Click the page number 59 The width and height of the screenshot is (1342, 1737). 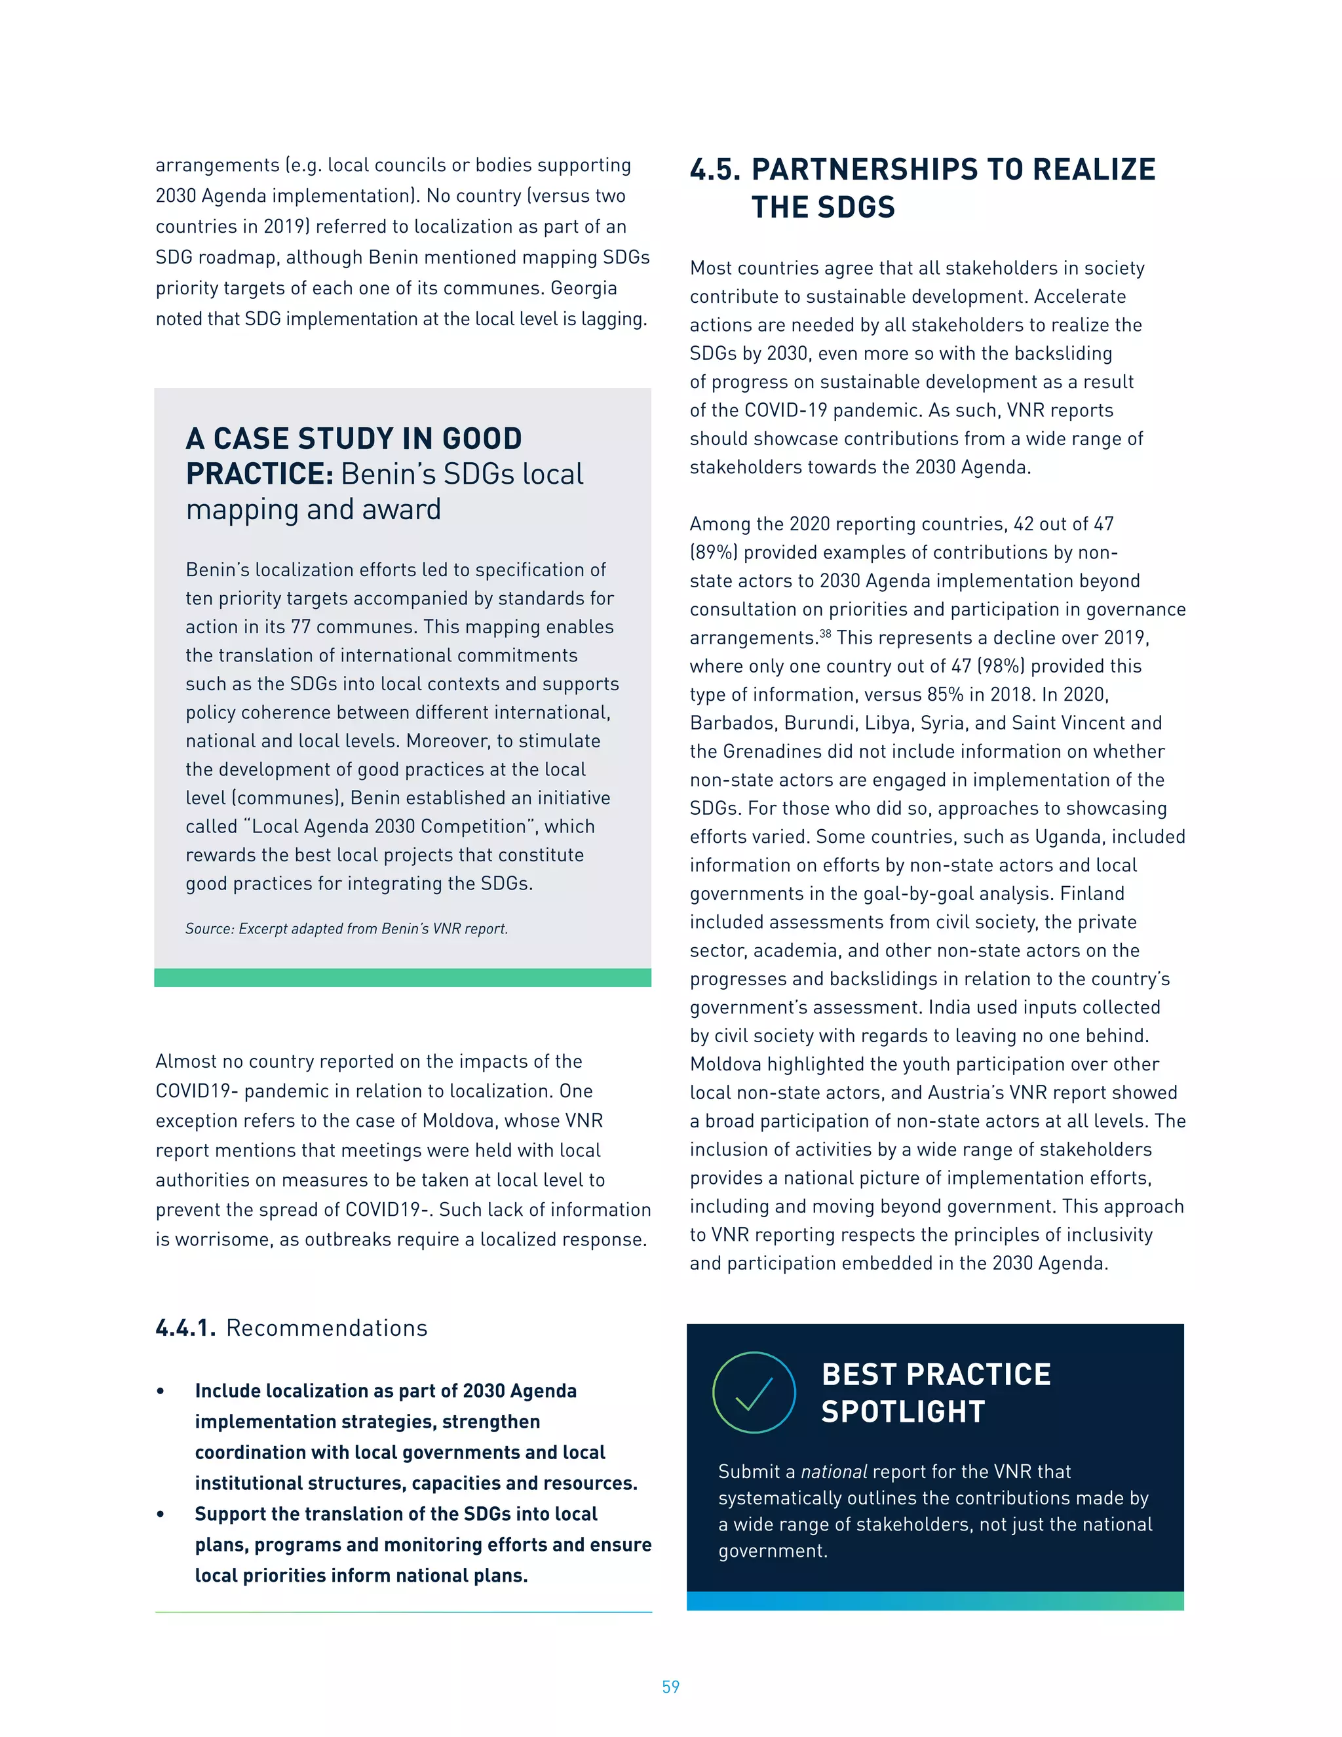(x=670, y=1686)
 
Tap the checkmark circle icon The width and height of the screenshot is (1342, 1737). (x=754, y=1392)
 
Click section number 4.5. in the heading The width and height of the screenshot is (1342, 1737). (x=715, y=169)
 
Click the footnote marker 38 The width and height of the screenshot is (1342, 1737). (x=825, y=634)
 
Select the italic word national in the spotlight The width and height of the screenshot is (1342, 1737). (x=834, y=1472)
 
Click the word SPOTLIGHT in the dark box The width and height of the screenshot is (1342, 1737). (x=903, y=1412)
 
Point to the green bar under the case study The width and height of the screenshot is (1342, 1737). (x=402, y=977)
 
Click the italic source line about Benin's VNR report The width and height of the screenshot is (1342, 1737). (x=347, y=929)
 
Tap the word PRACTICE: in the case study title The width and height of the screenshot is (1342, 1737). (x=259, y=474)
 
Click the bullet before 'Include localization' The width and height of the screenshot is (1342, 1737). (x=161, y=1391)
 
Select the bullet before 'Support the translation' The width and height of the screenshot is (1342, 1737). (x=161, y=1514)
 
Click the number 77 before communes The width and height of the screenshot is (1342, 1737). (x=301, y=627)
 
